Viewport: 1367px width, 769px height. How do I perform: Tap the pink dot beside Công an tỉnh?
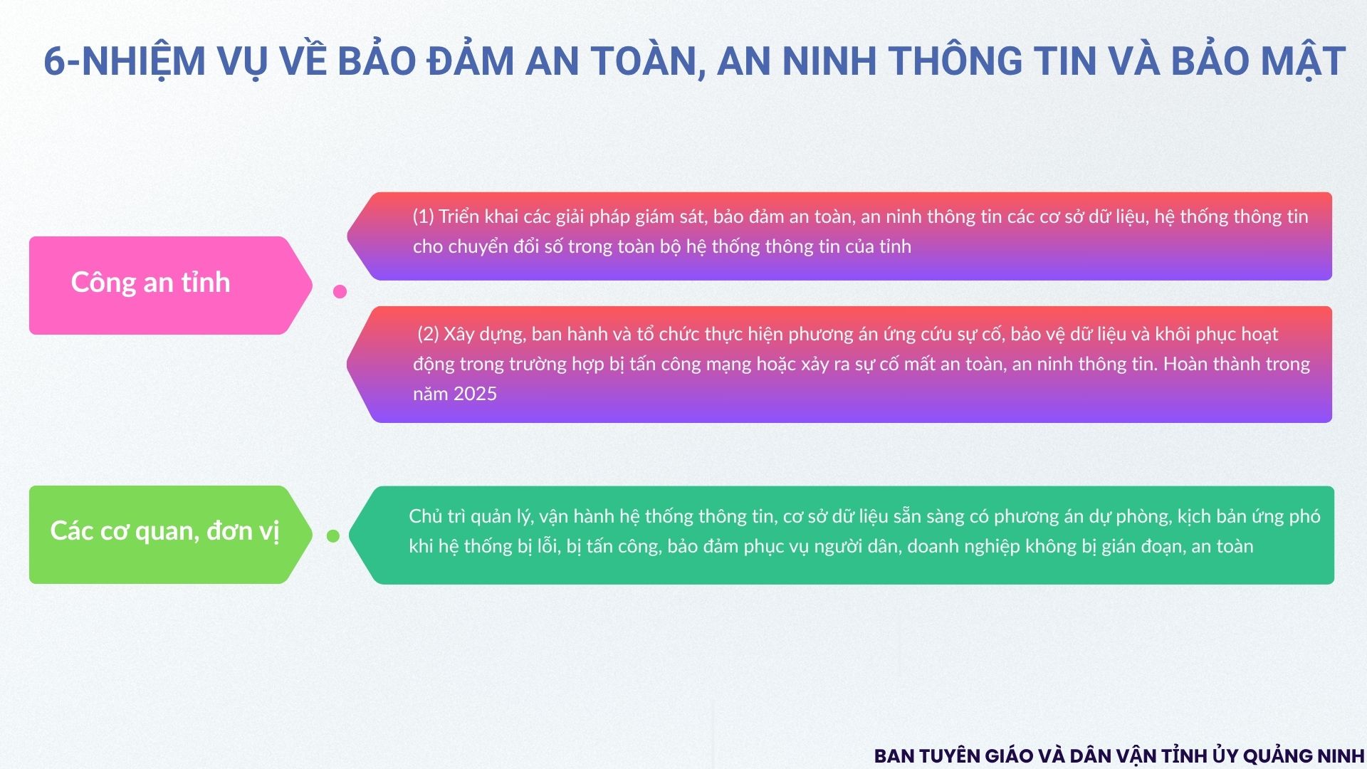coord(340,291)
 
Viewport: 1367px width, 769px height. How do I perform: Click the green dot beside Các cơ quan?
coord(333,536)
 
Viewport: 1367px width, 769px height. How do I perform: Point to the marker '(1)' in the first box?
coord(423,216)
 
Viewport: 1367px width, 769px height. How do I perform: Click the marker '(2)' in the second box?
coord(428,334)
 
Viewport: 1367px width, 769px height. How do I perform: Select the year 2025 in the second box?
coord(475,394)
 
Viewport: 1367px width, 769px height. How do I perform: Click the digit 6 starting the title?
coord(54,61)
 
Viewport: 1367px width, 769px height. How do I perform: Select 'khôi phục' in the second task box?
coord(1195,335)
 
